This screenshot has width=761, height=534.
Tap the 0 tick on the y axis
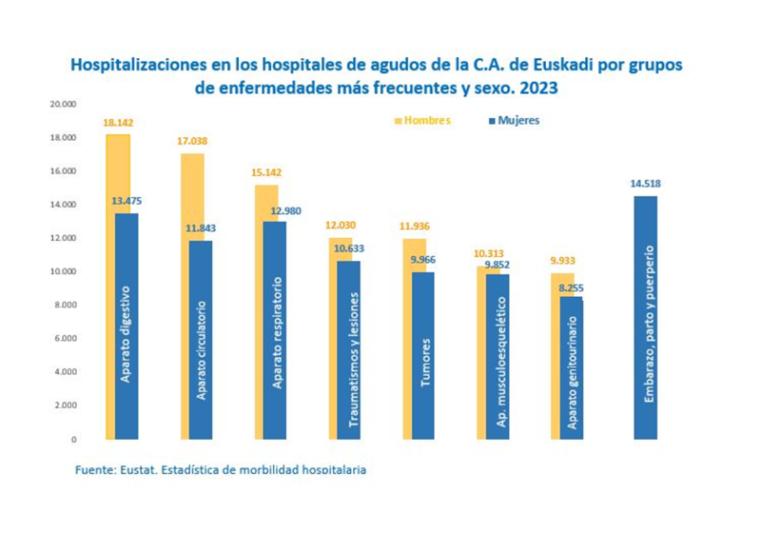(72, 440)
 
